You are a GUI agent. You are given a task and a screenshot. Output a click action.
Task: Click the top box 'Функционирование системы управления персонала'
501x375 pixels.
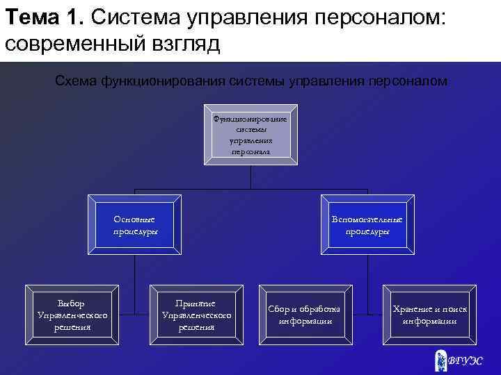pyautogui.click(x=250, y=135)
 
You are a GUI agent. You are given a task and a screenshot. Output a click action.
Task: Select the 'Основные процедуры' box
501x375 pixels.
pyautogui.click(x=134, y=225)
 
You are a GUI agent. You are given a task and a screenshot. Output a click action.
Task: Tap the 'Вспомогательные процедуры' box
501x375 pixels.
pyautogui.click(x=367, y=225)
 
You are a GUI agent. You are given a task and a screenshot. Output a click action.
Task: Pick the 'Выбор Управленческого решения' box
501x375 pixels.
pyautogui.click(x=72, y=315)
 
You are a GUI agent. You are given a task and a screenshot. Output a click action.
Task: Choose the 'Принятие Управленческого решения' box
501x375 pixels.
pyautogui.click(x=196, y=315)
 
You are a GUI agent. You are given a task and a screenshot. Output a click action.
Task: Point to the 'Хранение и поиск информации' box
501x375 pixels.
pyautogui.click(x=429, y=315)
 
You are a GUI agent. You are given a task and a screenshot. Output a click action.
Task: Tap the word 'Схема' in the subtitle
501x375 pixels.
pyautogui.click(x=76, y=81)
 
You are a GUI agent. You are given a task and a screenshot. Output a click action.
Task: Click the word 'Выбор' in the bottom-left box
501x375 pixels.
pyautogui.click(x=72, y=303)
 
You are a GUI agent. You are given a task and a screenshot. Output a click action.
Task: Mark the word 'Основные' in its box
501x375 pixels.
pyautogui.click(x=134, y=219)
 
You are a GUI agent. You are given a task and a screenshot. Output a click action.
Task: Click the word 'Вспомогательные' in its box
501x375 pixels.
pyautogui.click(x=367, y=219)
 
